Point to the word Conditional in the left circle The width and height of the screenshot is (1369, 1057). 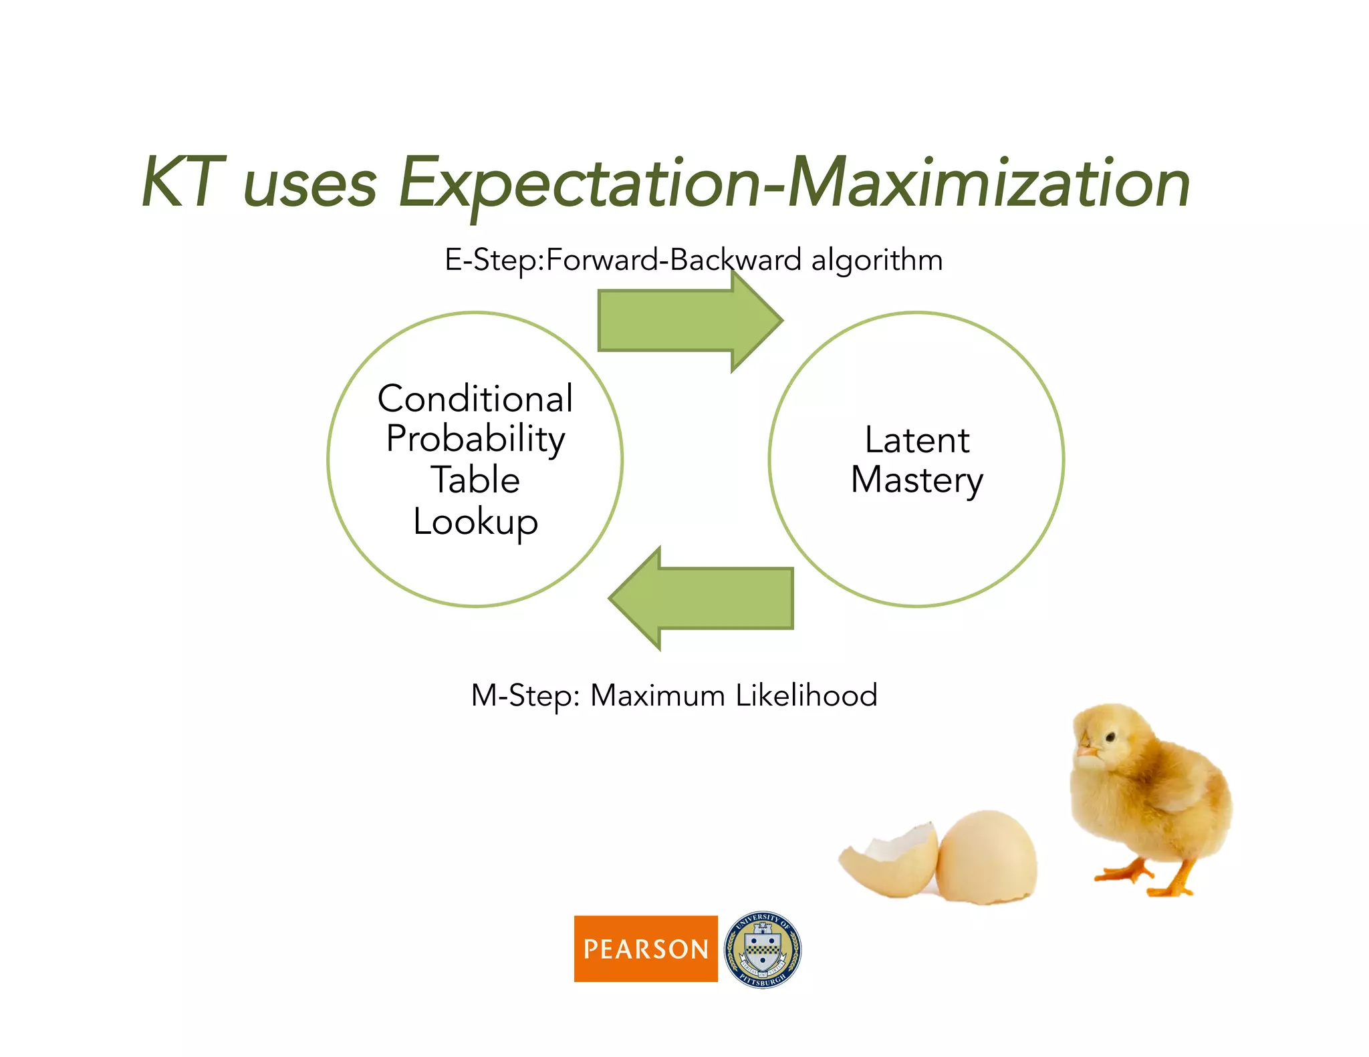(x=475, y=399)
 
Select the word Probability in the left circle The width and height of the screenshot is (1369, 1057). (x=475, y=440)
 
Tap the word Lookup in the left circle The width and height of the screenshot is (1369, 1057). (x=475, y=522)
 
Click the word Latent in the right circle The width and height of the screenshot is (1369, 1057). (x=916, y=440)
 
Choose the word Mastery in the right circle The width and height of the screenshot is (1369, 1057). (x=916, y=481)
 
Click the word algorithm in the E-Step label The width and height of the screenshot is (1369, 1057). (x=876, y=260)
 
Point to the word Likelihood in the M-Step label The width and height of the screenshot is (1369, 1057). (x=806, y=696)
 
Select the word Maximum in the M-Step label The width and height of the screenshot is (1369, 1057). (x=658, y=696)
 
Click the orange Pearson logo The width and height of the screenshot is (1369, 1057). (x=646, y=948)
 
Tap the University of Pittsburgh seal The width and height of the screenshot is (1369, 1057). (x=763, y=949)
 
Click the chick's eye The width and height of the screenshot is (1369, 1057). (x=1110, y=737)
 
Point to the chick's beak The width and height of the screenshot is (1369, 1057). (x=1086, y=752)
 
